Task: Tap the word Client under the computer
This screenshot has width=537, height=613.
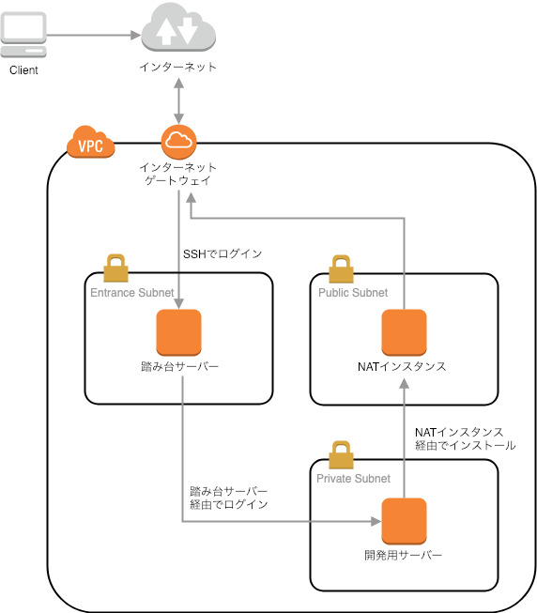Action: click(x=24, y=71)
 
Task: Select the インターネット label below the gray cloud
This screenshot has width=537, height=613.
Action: click(x=177, y=67)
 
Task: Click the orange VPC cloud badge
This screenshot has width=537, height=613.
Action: click(x=91, y=146)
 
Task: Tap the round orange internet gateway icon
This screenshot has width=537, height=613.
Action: click(x=177, y=142)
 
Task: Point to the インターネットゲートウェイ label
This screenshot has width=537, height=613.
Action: click(x=177, y=174)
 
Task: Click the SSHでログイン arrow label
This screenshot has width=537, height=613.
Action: click(x=222, y=253)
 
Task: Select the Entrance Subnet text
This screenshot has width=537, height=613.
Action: click(x=131, y=293)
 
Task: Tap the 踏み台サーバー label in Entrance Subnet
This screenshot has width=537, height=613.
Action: click(x=178, y=366)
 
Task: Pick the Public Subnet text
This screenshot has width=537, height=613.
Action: click(x=353, y=293)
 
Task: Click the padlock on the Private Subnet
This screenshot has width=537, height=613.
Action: click(x=342, y=454)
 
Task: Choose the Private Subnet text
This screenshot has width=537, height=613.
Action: click(x=354, y=479)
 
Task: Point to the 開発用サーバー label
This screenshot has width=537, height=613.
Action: click(x=404, y=555)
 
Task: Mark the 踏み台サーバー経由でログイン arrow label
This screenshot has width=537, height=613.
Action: click(x=229, y=498)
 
